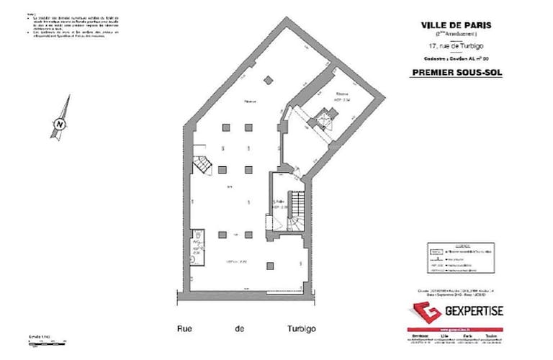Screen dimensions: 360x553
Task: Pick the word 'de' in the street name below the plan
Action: [239, 329]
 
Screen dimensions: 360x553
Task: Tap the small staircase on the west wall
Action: [203, 165]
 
